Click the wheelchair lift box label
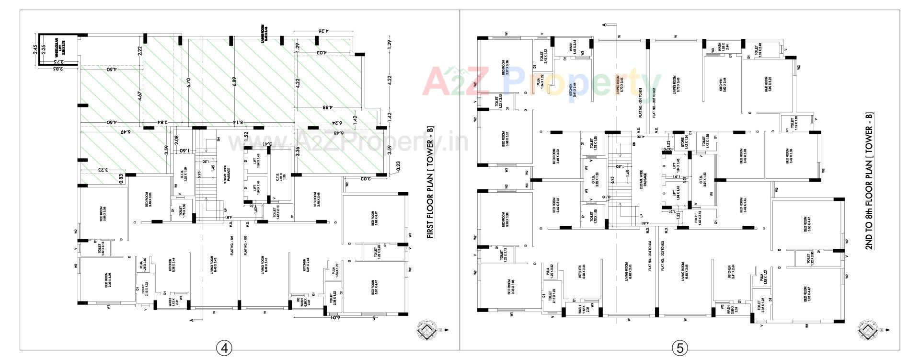[x=58, y=49]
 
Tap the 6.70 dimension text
[x=189, y=82]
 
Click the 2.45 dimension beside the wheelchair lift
[x=35, y=49]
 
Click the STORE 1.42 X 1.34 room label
[x=678, y=142]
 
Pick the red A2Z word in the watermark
[x=458, y=81]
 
